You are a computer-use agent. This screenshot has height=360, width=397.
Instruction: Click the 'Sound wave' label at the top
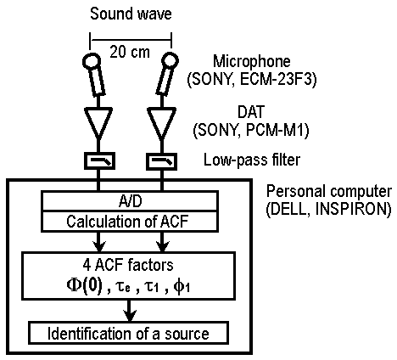tap(131, 14)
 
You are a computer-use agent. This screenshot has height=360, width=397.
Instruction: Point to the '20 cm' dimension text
tap(130, 52)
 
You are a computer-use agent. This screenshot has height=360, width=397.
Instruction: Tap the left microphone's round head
tap(92, 61)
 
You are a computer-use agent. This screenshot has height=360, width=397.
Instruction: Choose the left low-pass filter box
tap(99, 161)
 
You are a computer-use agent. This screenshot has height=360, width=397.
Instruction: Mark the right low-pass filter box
tap(161, 161)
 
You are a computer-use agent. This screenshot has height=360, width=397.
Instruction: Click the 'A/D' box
tap(130, 201)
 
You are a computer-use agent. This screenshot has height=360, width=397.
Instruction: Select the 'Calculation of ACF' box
tap(130, 222)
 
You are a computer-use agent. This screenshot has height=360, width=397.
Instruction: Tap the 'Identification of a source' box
tap(129, 333)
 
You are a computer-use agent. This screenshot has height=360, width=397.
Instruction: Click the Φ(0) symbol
tap(84, 286)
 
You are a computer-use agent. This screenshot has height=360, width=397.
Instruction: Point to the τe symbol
tap(123, 287)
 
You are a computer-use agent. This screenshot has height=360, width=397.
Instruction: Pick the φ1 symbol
tap(182, 287)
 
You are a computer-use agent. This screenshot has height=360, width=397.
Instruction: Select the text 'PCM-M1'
tap(277, 131)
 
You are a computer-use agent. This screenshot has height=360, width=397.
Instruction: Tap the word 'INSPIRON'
tap(353, 209)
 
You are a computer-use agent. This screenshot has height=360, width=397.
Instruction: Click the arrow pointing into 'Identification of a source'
tap(129, 311)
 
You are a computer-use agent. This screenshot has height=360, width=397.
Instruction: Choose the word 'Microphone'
tap(251, 61)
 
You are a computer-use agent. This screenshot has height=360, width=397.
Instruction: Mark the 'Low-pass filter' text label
tap(252, 160)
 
